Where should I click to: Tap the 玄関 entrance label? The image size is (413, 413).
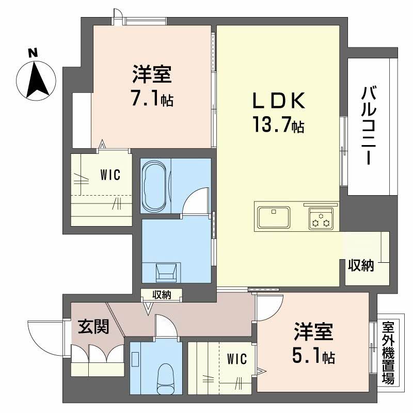click(93, 326)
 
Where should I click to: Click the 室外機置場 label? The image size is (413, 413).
click(387, 353)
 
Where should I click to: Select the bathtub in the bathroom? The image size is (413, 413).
click(155, 185)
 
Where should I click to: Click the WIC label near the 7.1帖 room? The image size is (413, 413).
click(110, 175)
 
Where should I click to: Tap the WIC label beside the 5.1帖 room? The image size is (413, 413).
click(236, 358)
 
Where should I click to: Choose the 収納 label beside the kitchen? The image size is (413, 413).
click(360, 266)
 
